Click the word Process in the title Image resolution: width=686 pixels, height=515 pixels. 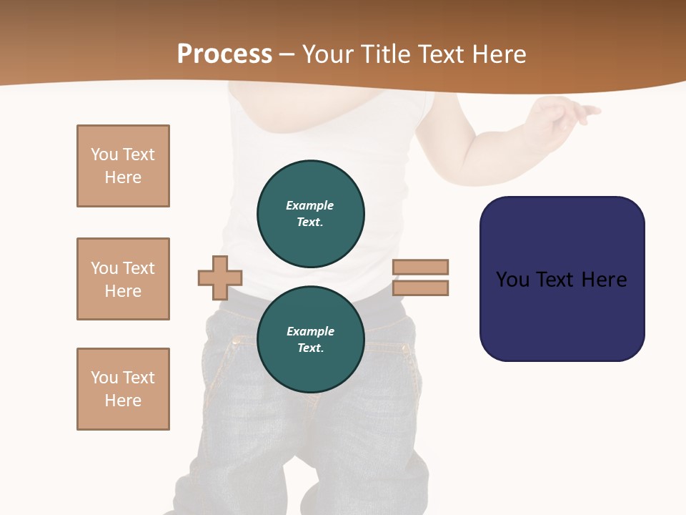[x=224, y=54]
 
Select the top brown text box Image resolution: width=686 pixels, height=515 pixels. [x=123, y=166]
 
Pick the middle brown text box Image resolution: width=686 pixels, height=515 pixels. [x=123, y=279]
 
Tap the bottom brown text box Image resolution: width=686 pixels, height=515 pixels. [x=123, y=389]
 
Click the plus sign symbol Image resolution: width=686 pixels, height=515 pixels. [x=220, y=278]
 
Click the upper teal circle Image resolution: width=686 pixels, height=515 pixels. [x=311, y=214]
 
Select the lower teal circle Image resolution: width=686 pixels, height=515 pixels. [x=311, y=340]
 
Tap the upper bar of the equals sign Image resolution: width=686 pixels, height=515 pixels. [x=421, y=267]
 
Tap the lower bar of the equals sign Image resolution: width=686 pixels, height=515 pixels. [x=421, y=288]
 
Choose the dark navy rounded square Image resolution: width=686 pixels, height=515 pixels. [x=562, y=279]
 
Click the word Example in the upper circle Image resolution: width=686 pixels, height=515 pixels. [x=309, y=205]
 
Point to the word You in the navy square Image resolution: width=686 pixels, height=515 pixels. [x=512, y=279]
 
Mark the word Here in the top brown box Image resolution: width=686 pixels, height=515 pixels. [x=123, y=177]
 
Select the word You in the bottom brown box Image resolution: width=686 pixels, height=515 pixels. [x=104, y=378]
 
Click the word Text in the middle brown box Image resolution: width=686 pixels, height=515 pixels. [x=139, y=268]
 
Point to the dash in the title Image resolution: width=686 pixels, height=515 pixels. [x=287, y=54]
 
